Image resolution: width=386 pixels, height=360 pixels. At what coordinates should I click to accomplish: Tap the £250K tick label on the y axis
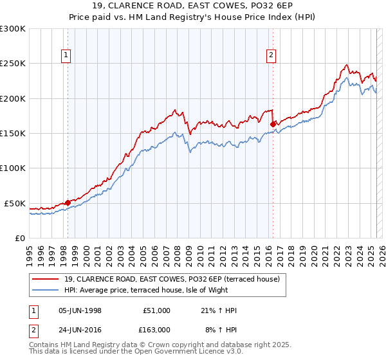tap(13, 64)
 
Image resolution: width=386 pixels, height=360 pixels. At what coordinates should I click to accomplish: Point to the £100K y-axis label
tap(13, 168)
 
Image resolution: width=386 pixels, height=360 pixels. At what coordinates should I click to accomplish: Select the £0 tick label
tap(20, 238)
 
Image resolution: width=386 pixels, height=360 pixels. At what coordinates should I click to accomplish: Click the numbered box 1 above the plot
tap(67, 56)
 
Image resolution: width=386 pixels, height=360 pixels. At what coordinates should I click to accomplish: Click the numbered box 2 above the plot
tap(271, 56)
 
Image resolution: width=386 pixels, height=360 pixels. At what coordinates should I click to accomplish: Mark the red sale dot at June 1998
tap(68, 203)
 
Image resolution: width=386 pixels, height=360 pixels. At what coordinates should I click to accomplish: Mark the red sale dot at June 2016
tap(273, 124)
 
